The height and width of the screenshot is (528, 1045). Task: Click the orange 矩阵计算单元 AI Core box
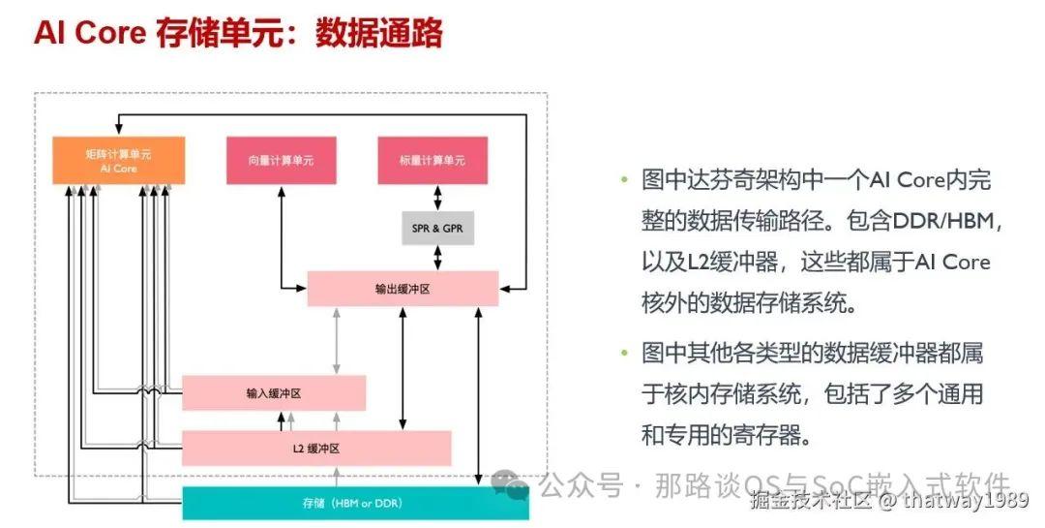(x=118, y=161)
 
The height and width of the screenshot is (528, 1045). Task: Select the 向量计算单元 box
(x=281, y=161)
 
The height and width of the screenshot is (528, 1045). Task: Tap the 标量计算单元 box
(x=432, y=161)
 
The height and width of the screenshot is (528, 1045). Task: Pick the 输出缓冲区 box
(x=403, y=289)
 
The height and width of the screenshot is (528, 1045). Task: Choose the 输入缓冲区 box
(x=274, y=393)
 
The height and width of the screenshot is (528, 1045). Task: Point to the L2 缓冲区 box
(x=316, y=448)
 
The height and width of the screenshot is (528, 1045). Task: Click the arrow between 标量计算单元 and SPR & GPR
(x=437, y=196)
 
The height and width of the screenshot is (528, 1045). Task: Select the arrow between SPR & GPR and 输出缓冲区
(x=437, y=258)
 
